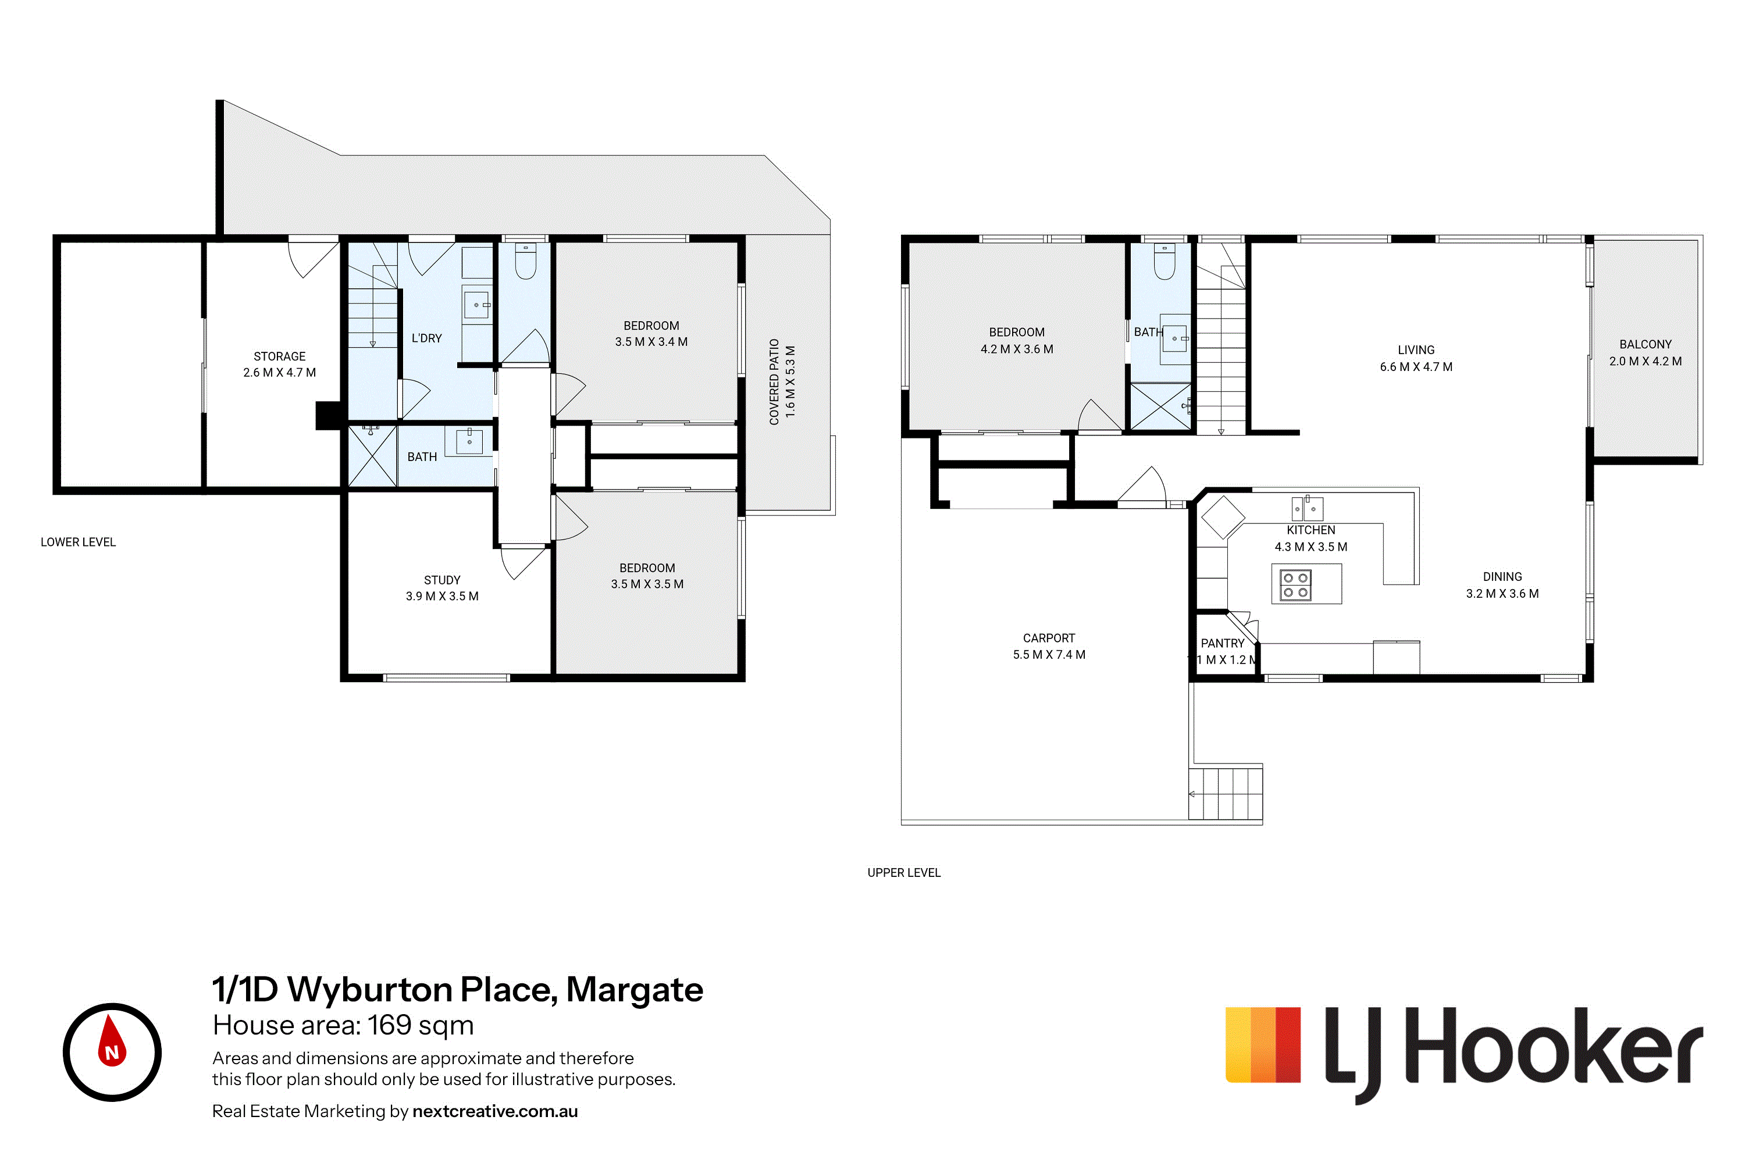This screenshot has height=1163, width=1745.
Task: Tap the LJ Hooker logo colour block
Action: click(x=1263, y=1044)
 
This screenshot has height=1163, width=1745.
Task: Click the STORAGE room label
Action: click(x=280, y=357)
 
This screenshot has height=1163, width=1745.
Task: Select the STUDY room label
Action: click(x=442, y=580)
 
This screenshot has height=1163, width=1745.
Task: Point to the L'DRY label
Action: click(x=426, y=338)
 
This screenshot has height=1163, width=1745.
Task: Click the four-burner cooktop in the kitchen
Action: click(x=1295, y=584)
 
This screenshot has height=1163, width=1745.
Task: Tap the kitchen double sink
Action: click(x=1307, y=508)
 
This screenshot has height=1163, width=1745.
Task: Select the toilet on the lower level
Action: click(x=525, y=261)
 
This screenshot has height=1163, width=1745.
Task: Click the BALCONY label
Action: click(x=1646, y=345)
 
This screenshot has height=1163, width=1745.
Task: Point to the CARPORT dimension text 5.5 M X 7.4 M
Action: click(x=1049, y=655)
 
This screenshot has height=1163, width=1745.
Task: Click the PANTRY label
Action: click(x=1223, y=644)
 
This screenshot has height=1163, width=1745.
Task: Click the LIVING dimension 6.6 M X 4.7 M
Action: click(x=1416, y=367)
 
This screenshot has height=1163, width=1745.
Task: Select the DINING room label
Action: click(x=1502, y=577)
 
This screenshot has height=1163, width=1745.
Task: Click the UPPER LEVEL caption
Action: click(x=904, y=873)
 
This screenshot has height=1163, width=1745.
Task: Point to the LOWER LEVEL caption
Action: click(x=78, y=542)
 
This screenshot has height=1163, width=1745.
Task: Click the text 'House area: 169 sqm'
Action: click(x=343, y=1026)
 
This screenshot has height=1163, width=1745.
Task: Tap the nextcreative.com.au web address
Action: click(x=495, y=1111)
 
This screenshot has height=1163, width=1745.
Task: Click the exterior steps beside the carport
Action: click(x=1226, y=794)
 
